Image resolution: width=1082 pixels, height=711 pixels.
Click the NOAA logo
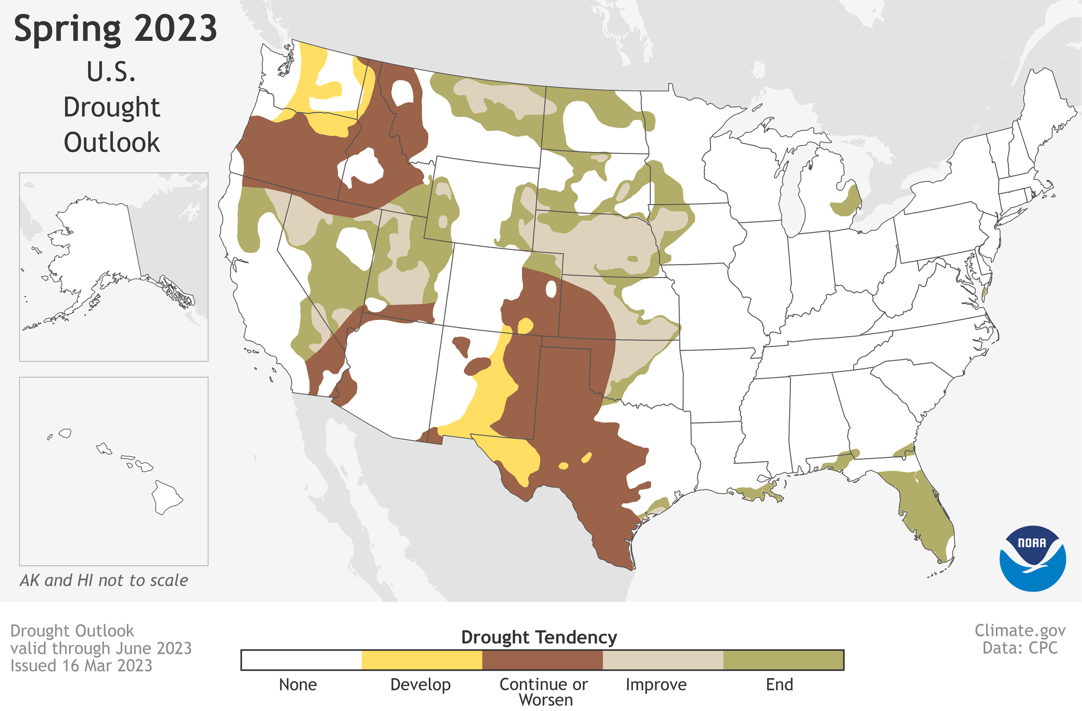1032,558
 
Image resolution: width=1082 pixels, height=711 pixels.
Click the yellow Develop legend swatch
421,660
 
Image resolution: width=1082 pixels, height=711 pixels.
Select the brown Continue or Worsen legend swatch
542,660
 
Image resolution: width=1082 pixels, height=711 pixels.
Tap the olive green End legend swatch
783,660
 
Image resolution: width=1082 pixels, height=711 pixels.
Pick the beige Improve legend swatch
663,660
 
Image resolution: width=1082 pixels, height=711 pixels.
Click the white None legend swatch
301,660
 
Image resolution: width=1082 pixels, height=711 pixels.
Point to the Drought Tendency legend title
538,637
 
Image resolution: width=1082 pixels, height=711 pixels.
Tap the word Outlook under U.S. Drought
112,142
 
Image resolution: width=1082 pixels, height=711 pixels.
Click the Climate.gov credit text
1020,630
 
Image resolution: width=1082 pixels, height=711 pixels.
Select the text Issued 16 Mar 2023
81,666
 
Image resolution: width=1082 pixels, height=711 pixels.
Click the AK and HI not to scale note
104,580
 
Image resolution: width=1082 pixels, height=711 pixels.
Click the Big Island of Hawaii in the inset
166,497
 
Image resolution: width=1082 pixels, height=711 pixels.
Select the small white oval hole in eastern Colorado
551,289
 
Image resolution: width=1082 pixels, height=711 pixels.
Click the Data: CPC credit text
1020,648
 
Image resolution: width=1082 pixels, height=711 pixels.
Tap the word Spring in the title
67,30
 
